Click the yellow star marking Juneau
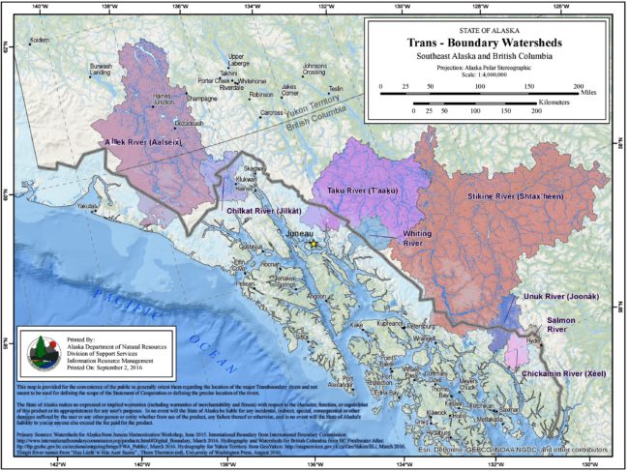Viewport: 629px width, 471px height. pos(314,246)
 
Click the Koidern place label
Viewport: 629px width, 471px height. pos(39,40)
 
